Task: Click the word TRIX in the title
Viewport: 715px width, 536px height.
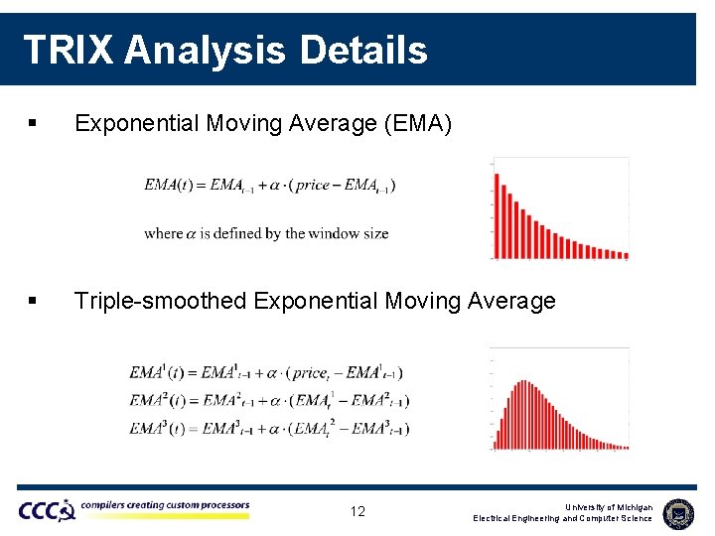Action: (x=68, y=49)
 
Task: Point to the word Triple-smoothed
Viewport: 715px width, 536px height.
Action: (x=160, y=301)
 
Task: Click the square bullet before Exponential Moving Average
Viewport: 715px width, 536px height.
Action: (x=33, y=125)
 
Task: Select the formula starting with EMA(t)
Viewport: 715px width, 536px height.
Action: (x=270, y=186)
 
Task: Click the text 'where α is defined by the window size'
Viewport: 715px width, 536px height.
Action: (x=266, y=233)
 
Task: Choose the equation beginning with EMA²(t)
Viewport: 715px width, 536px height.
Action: (x=268, y=401)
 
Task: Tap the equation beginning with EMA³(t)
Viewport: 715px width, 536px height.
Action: (x=268, y=429)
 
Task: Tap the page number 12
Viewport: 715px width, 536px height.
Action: (x=357, y=512)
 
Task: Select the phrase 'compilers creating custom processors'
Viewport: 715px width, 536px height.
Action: (x=165, y=505)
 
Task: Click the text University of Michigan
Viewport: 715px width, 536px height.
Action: (x=609, y=507)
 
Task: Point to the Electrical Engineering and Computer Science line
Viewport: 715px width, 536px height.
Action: (x=562, y=519)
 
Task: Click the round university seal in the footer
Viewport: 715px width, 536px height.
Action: (x=678, y=512)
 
